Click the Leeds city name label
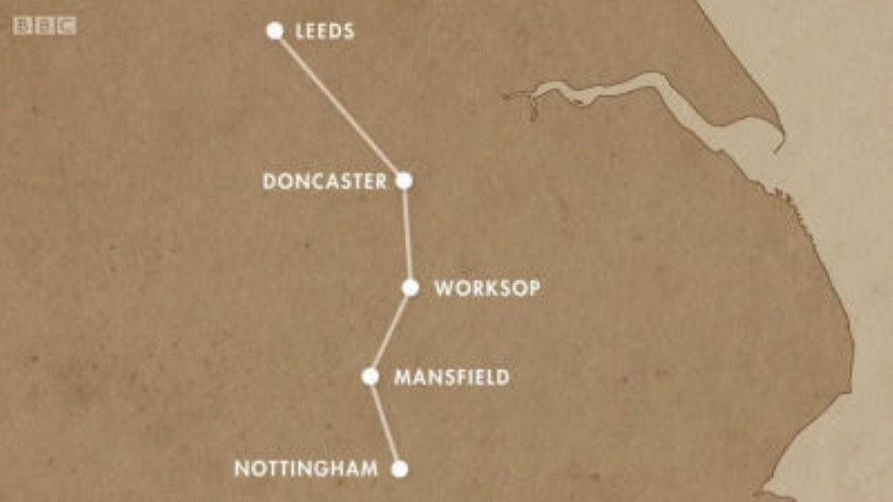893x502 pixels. click(x=324, y=31)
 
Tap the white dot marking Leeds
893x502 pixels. click(x=275, y=31)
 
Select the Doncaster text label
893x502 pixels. click(x=324, y=182)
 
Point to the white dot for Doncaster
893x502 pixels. click(x=404, y=181)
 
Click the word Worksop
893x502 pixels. click(x=487, y=289)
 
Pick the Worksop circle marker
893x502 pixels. click(x=410, y=287)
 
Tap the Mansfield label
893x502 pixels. click(x=451, y=378)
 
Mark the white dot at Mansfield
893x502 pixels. click(x=370, y=376)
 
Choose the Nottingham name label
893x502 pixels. click(x=306, y=469)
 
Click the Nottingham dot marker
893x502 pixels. click(x=399, y=469)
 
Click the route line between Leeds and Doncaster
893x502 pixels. click(x=339, y=105)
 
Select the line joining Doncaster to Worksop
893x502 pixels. click(x=407, y=234)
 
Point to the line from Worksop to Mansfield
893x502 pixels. click(x=391, y=332)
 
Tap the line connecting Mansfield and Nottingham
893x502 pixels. click(x=384, y=423)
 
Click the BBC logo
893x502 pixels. click(x=45, y=26)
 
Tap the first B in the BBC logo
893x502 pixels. click(x=22, y=26)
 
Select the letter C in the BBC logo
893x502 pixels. click(x=67, y=26)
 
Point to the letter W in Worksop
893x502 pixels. click(x=444, y=289)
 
